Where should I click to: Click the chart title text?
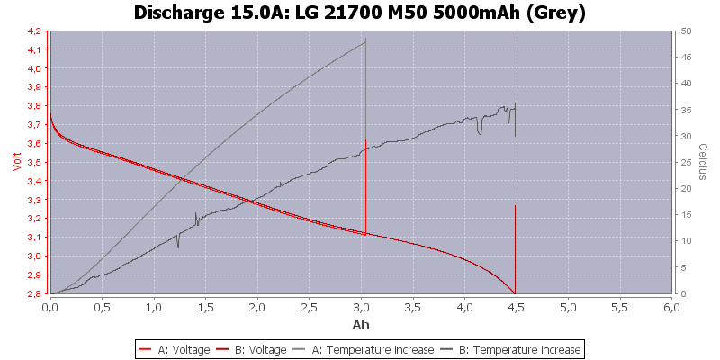click(360, 13)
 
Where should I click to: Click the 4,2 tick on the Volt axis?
click(32, 31)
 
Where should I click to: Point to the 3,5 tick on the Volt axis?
click(32, 162)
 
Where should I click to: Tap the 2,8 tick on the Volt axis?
click(32, 293)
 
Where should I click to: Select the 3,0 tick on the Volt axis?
click(32, 256)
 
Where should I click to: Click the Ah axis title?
click(361, 324)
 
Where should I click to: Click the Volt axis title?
click(13, 162)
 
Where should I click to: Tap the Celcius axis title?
click(704, 162)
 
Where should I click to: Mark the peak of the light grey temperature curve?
click(365, 40)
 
